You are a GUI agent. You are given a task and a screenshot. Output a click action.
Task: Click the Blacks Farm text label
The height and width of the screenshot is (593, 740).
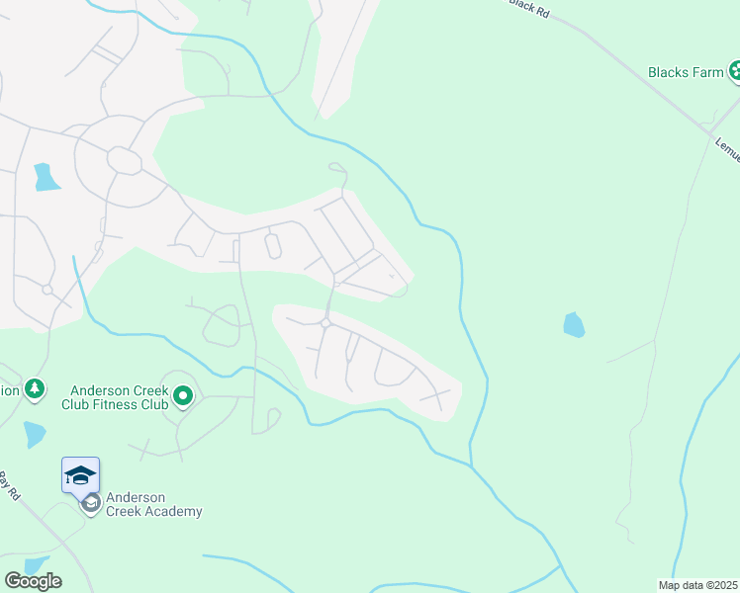686,72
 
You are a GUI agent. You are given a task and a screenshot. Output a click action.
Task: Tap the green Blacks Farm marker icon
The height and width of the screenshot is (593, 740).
736,71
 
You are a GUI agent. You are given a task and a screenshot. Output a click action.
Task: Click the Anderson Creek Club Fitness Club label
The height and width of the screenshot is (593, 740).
116,397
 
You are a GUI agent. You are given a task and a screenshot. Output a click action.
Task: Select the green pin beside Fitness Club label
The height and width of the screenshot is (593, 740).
183,397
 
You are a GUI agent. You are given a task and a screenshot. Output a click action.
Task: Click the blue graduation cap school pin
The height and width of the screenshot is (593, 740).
80,475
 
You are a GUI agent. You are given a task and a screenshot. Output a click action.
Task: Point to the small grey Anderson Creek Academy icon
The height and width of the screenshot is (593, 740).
91,504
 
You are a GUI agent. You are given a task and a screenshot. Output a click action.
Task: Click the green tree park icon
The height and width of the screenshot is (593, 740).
36,389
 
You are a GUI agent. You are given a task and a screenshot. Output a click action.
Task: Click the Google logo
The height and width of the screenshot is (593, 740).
33,581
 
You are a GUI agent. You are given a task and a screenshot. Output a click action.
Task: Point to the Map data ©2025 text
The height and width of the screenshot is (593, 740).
698,585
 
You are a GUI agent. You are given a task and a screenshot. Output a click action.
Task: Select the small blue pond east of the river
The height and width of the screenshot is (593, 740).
573,324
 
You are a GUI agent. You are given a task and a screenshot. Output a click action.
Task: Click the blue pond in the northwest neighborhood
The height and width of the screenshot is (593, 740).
46,177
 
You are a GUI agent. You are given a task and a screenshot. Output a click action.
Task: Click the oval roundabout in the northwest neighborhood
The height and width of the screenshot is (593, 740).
125,160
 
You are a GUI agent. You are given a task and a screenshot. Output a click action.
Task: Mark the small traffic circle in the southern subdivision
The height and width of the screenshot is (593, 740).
324,323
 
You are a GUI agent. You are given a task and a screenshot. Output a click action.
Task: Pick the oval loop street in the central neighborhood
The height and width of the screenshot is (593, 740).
273,245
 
